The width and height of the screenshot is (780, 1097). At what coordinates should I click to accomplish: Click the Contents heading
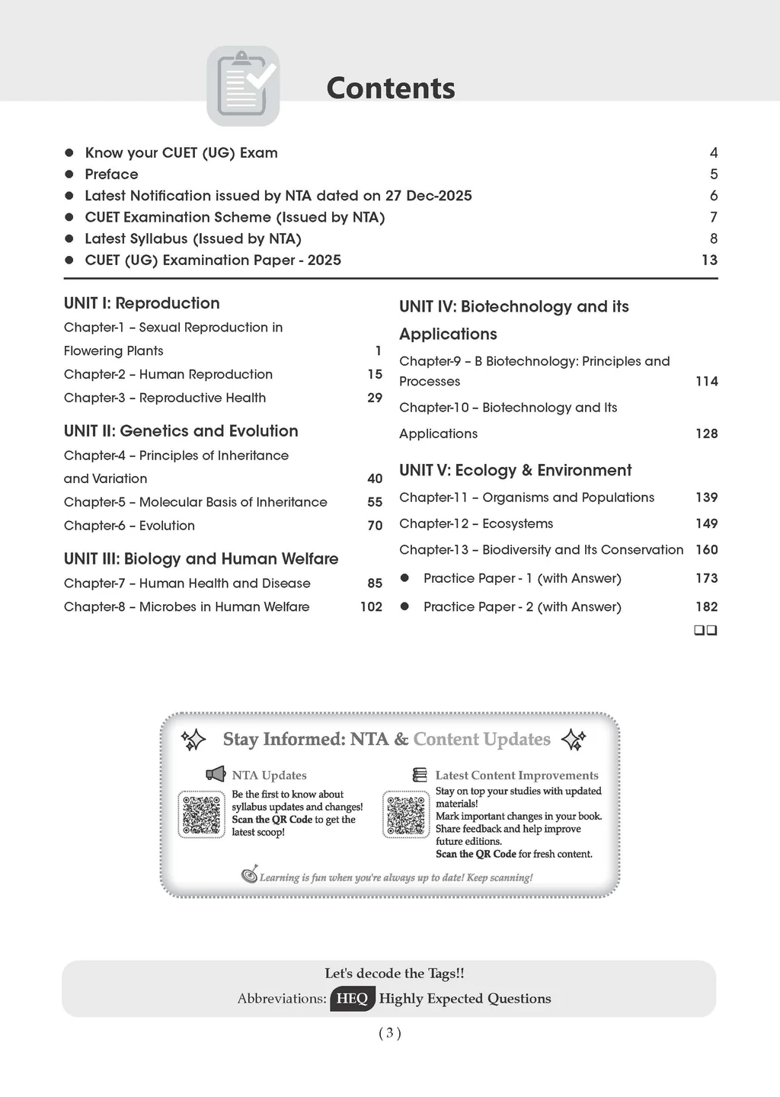pyautogui.click(x=390, y=88)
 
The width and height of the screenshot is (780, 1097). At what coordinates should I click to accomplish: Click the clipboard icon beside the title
pyautogui.click(x=243, y=86)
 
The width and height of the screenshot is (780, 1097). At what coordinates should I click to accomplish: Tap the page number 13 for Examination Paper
pyautogui.click(x=709, y=260)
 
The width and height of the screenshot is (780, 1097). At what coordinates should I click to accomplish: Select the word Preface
pyautogui.click(x=111, y=174)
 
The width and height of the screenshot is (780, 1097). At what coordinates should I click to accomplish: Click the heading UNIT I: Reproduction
pyautogui.click(x=142, y=303)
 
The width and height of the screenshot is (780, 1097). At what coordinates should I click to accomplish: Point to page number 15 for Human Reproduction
pyautogui.click(x=375, y=374)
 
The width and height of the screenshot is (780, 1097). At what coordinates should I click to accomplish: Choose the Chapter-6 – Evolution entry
pyautogui.click(x=129, y=526)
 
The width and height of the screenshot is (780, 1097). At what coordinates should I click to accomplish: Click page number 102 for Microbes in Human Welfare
pyautogui.click(x=371, y=606)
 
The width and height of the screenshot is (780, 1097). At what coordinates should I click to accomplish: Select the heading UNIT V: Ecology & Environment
pyautogui.click(x=515, y=470)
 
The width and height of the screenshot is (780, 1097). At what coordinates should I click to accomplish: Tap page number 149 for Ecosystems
pyautogui.click(x=706, y=523)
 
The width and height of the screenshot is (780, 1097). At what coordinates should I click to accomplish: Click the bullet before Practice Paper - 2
pyautogui.click(x=405, y=606)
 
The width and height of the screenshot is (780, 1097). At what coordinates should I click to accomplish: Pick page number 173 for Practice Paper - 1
pyautogui.click(x=706, y=578)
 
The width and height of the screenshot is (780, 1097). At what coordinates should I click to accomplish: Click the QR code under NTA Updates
pyautogui.click(x=202, y=814)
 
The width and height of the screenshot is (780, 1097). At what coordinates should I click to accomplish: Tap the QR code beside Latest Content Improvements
pyautogui.click(x=406, y=814)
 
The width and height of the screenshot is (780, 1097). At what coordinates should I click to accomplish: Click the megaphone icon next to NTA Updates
pyautogui.click(x=216, y=774)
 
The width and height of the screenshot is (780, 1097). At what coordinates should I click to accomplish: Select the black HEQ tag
pyautogui.click(x=352, y=998)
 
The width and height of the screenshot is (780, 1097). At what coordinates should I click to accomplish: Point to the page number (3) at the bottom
pyautogui.click(x=389, y=1033)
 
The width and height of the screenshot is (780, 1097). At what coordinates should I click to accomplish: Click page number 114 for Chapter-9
pyautogui.click(x=706, y=381)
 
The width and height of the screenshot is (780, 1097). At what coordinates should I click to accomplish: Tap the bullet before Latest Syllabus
pyautogui.click(x=69, y=238)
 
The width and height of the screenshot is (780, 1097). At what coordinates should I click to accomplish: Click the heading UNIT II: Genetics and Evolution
pyautogui.click(x=181, y=431)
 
